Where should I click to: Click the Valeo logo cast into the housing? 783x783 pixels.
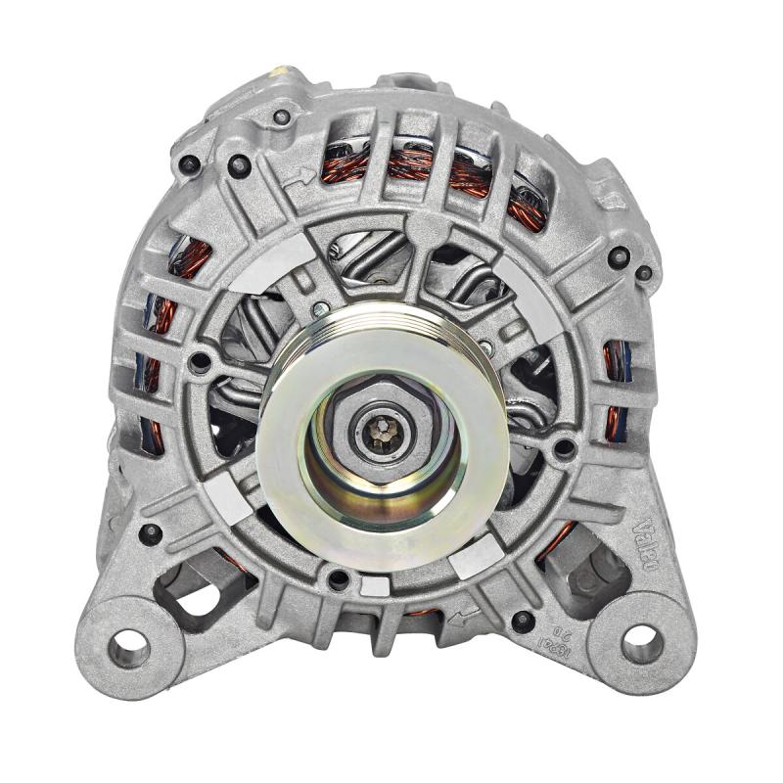(x=653, y=535)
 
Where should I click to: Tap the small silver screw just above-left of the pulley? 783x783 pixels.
(x=320, y=309)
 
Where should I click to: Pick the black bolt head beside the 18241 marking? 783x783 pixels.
(x=524, y=620)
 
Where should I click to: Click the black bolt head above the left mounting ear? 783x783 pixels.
(x=150, y=534)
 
